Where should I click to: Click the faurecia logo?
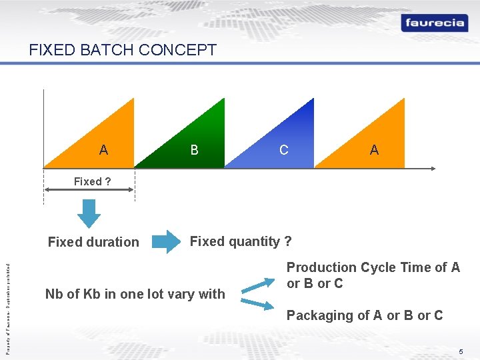coord(433,23)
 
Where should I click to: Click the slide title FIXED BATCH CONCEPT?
coord(123,50)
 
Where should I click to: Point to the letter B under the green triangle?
coord(194,150)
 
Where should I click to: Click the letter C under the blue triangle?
coord(284,150)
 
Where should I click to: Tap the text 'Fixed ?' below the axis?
coord(92,181)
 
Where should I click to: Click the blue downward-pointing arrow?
coord(89,213)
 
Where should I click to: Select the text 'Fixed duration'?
coord(93,242)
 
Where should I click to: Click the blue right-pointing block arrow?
coord(166,242)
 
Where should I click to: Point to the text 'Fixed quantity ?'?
coord(241,241)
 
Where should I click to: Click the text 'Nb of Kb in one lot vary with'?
coord(135,294)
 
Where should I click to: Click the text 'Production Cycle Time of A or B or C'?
coord(373,275)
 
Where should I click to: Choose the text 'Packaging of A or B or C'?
coord(364,315)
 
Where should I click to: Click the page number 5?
coord(460,351)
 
